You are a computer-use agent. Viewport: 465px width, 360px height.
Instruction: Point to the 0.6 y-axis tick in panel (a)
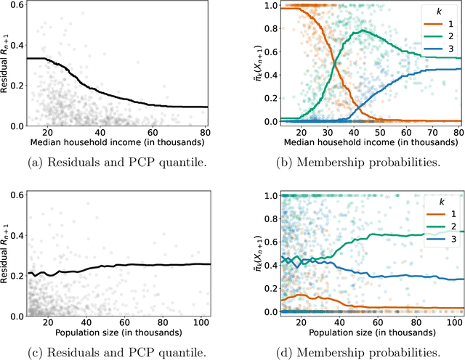[15, 7]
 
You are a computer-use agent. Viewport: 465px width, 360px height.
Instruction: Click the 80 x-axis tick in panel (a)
[205, 134]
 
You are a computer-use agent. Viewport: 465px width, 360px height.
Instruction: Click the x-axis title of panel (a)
[116, 145]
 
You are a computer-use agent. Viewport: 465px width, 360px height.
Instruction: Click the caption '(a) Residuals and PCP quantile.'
[116, 164]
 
